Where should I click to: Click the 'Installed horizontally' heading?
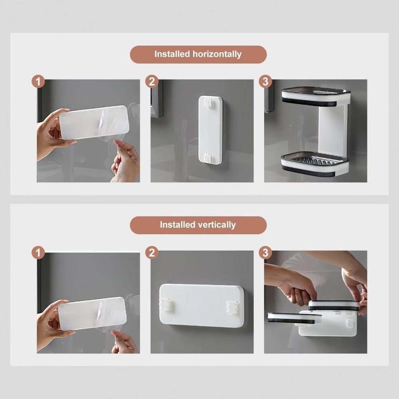198,54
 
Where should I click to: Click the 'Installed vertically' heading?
198,225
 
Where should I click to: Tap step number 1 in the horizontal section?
38,82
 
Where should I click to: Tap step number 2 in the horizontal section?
152,82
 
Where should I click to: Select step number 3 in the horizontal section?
265,82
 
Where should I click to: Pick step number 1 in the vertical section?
38,253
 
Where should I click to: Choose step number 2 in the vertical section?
152,253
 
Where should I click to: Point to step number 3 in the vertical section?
265,253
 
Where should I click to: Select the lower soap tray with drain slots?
314,163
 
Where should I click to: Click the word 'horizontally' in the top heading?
217,54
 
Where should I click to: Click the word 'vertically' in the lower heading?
217,225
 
